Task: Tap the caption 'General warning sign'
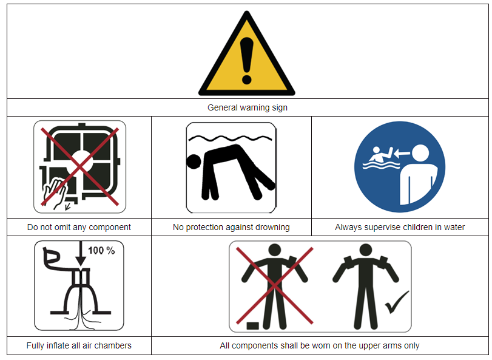(248, 107)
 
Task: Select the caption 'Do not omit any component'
(79, 227)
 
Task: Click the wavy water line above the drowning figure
(230, 138)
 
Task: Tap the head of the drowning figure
(194, 161)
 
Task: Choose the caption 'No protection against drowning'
(231, 227)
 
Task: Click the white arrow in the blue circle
(402, 154)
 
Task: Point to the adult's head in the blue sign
(420, 154)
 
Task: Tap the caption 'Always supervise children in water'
(400, 227)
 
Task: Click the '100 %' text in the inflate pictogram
(101, 251)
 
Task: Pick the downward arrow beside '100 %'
(81, 254)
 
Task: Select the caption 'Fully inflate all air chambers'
(79, 345)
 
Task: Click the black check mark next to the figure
(397, 302)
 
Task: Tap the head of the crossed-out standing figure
(275, 250)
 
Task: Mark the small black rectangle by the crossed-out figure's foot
(252, 326)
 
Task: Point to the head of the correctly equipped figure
(366, 250)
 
